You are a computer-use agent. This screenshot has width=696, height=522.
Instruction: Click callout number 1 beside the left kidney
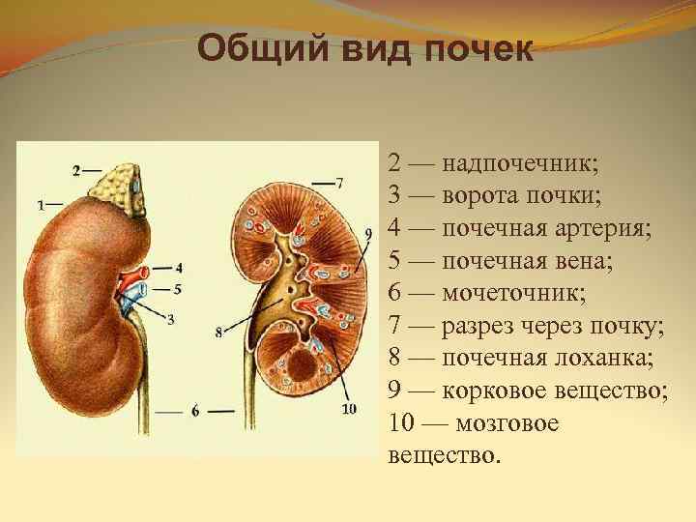[x=41, y=205]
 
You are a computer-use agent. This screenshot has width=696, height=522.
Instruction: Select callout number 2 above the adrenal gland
[x=76, y=171]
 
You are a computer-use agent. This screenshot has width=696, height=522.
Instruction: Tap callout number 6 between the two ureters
[x=194, y=411]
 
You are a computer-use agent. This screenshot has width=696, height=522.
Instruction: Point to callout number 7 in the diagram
[x=339, y=182]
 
